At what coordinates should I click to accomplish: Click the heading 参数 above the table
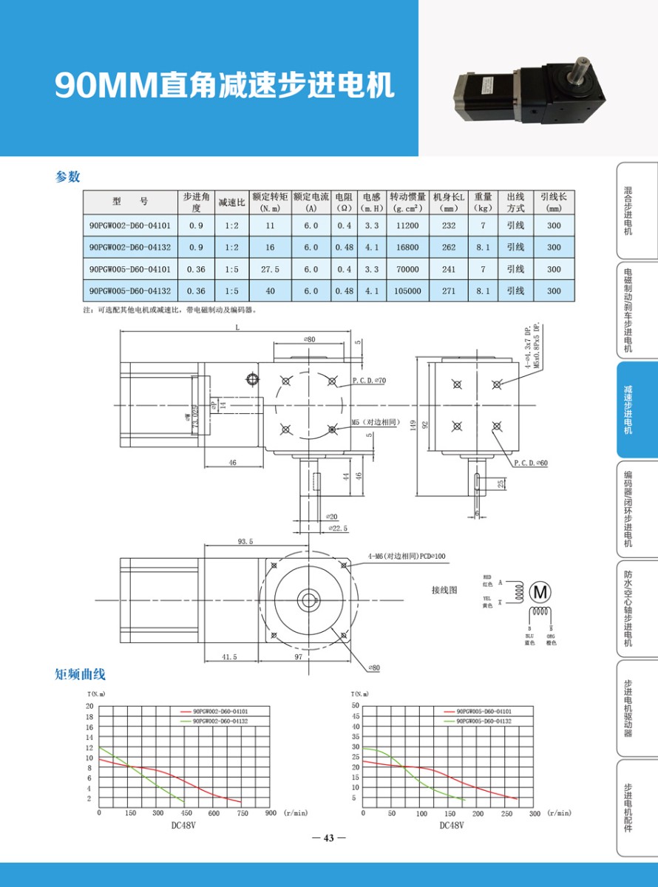pyautogui.click(x=67, y=177)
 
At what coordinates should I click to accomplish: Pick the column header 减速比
pyautogui.click(x=231, y=202)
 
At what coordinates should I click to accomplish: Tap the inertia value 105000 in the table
pyautogui.click(x=408, y=291)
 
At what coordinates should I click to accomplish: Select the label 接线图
pyautogui.click(x=445, y=590)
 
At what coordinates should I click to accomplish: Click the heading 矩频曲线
pyautogui.click(x=81, y=674)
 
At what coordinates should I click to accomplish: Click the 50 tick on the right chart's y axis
pyautogui.click(x=355, y=706)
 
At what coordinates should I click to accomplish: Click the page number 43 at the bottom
pyautogui.click(x=329, y=837)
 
